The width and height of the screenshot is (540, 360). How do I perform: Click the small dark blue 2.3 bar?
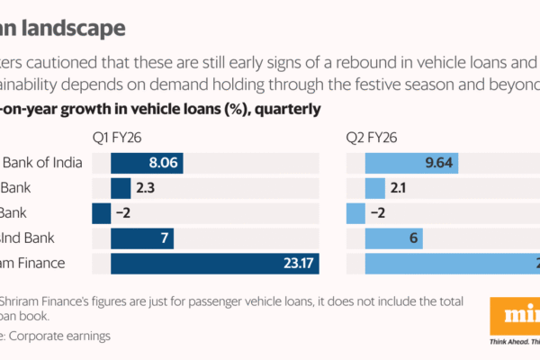pyautogui.click(x=121, y=188)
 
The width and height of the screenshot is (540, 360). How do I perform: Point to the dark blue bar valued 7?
pyautogui.click(x=141, y=238)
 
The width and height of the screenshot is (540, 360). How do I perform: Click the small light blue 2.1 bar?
pyautogui.click(x=374, y=188)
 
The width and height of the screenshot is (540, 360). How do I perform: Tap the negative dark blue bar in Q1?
pyautogui.click(x=101, y=213)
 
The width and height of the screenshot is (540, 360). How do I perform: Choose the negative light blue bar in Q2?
pyautogui.click(x=355, y=213)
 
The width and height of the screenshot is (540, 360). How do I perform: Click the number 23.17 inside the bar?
pyautogui.click(x=293, y=264)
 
